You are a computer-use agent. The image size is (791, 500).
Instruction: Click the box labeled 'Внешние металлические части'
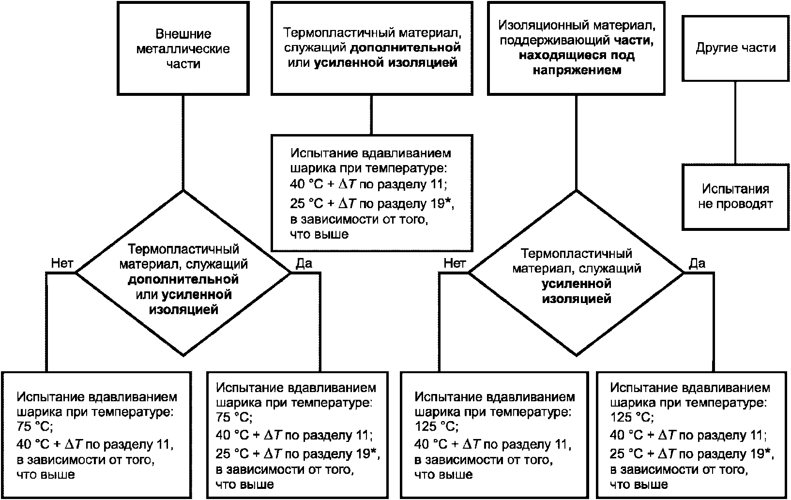[183, 48]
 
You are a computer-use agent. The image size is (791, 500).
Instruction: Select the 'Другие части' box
[735, 48]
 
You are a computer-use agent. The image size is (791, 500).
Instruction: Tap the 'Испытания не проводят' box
[735, 197]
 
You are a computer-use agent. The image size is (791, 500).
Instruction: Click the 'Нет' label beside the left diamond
[62, 263]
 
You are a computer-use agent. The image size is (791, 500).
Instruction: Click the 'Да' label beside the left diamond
[304, 263]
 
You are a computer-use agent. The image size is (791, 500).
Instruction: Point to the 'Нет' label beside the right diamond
[455, 263]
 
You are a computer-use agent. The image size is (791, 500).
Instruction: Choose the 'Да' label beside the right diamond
[697, 263]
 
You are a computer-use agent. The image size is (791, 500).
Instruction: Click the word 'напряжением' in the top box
[577, 70]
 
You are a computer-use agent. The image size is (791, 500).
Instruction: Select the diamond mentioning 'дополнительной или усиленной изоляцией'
[183, 273]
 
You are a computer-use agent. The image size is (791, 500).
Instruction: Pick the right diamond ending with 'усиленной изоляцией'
[576, 273]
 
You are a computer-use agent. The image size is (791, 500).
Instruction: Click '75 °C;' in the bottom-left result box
[34, 426]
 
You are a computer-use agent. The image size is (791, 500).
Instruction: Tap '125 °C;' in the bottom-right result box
[632, 417]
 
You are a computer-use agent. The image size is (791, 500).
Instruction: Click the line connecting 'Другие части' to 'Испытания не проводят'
[735, 122]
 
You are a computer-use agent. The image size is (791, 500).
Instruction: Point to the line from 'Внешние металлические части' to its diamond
[183, 143]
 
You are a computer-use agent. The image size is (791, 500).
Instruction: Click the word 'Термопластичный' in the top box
[339, 33]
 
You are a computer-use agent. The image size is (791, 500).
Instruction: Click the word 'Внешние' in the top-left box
[183, 34]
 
